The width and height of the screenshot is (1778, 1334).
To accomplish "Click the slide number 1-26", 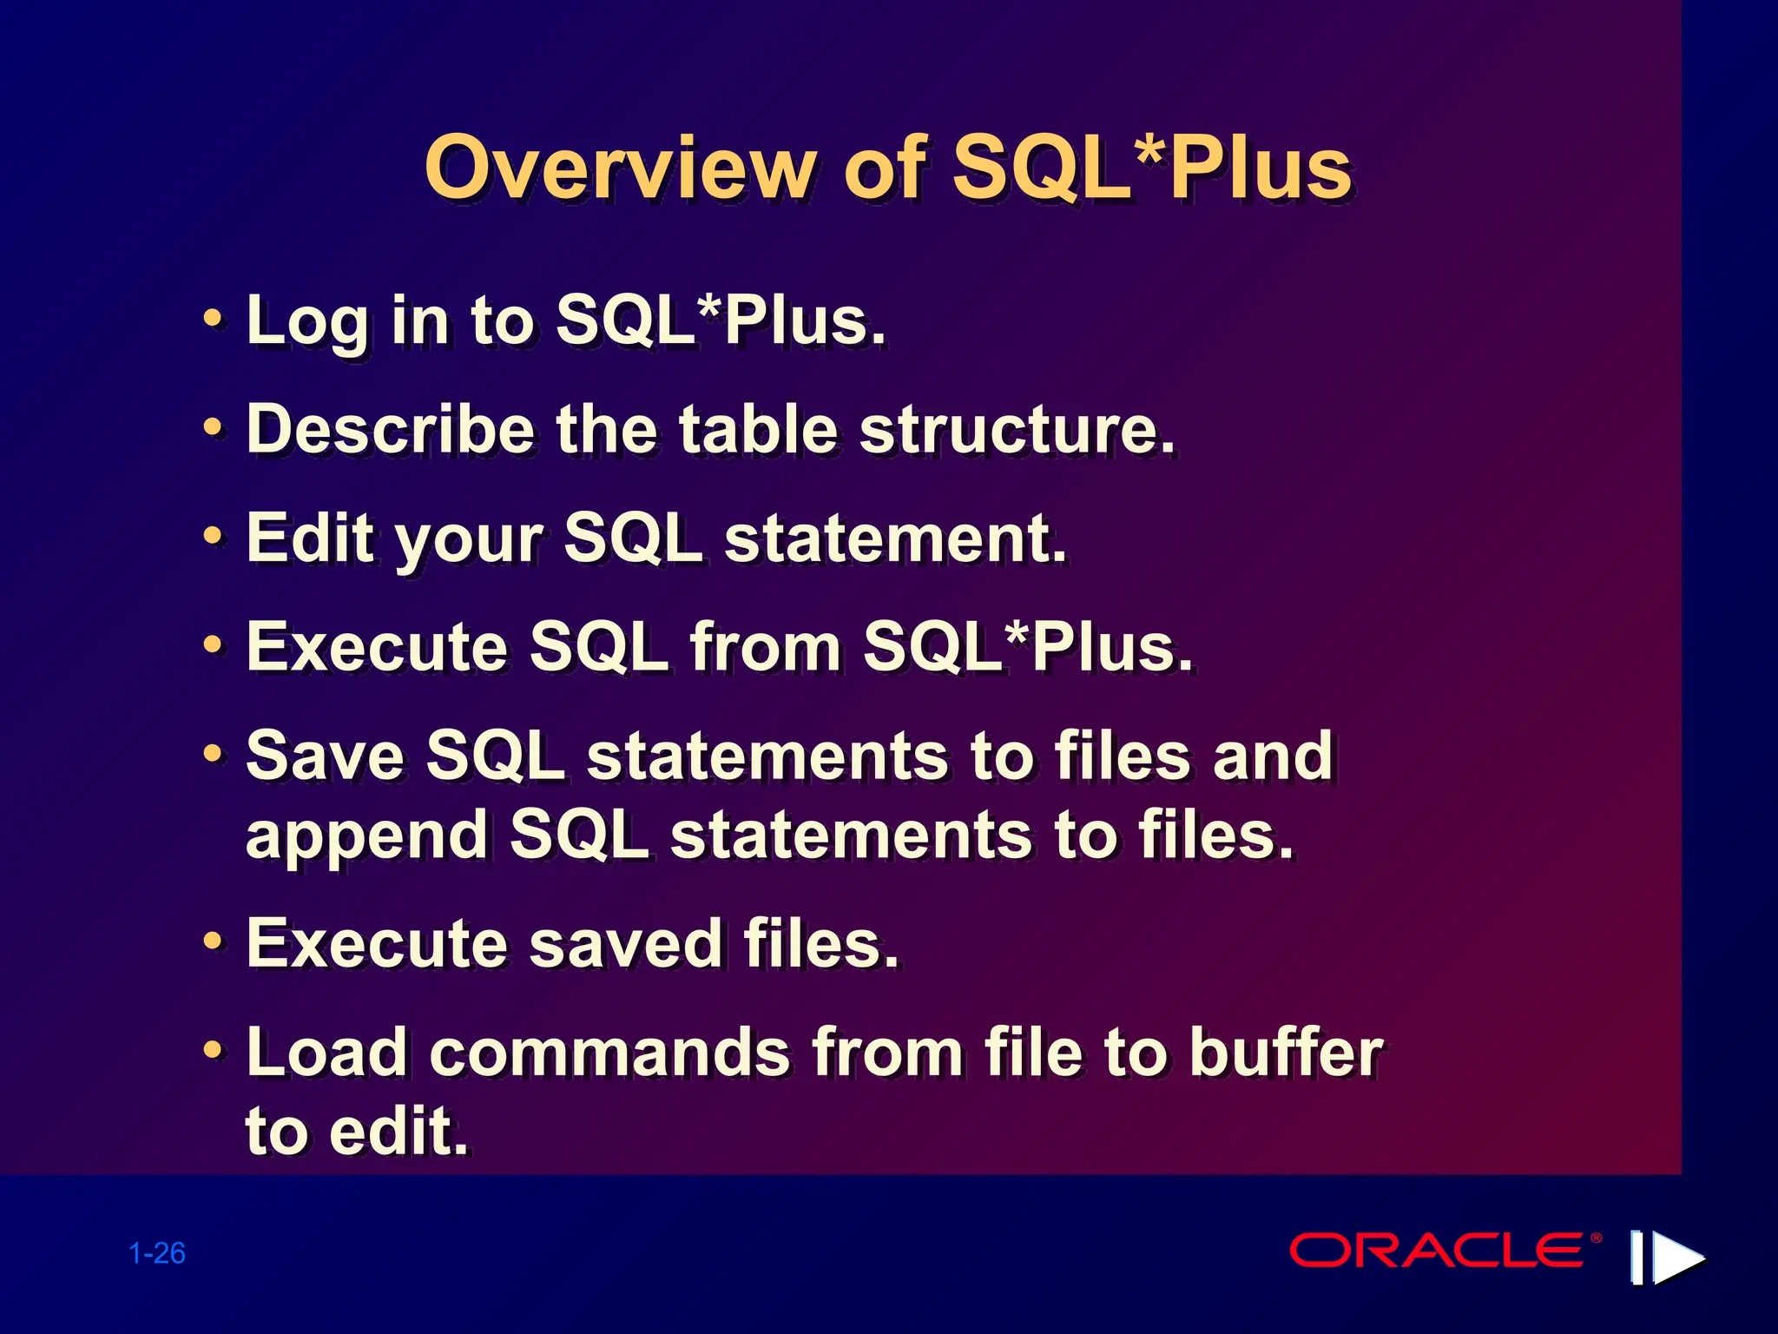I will [157, 1253].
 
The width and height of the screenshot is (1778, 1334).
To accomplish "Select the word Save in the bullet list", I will [326, 756].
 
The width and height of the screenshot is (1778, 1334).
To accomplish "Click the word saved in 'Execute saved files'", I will [625, 943].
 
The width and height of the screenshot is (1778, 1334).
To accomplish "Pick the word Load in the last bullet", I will [326, 1053].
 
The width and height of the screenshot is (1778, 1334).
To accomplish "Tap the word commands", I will [609, 1053].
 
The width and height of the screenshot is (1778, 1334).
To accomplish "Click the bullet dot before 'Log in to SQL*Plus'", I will [213, 319].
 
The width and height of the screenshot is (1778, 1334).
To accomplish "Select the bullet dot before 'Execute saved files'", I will [213, 941].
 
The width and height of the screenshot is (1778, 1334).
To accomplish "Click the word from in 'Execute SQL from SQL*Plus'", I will [765, 647].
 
